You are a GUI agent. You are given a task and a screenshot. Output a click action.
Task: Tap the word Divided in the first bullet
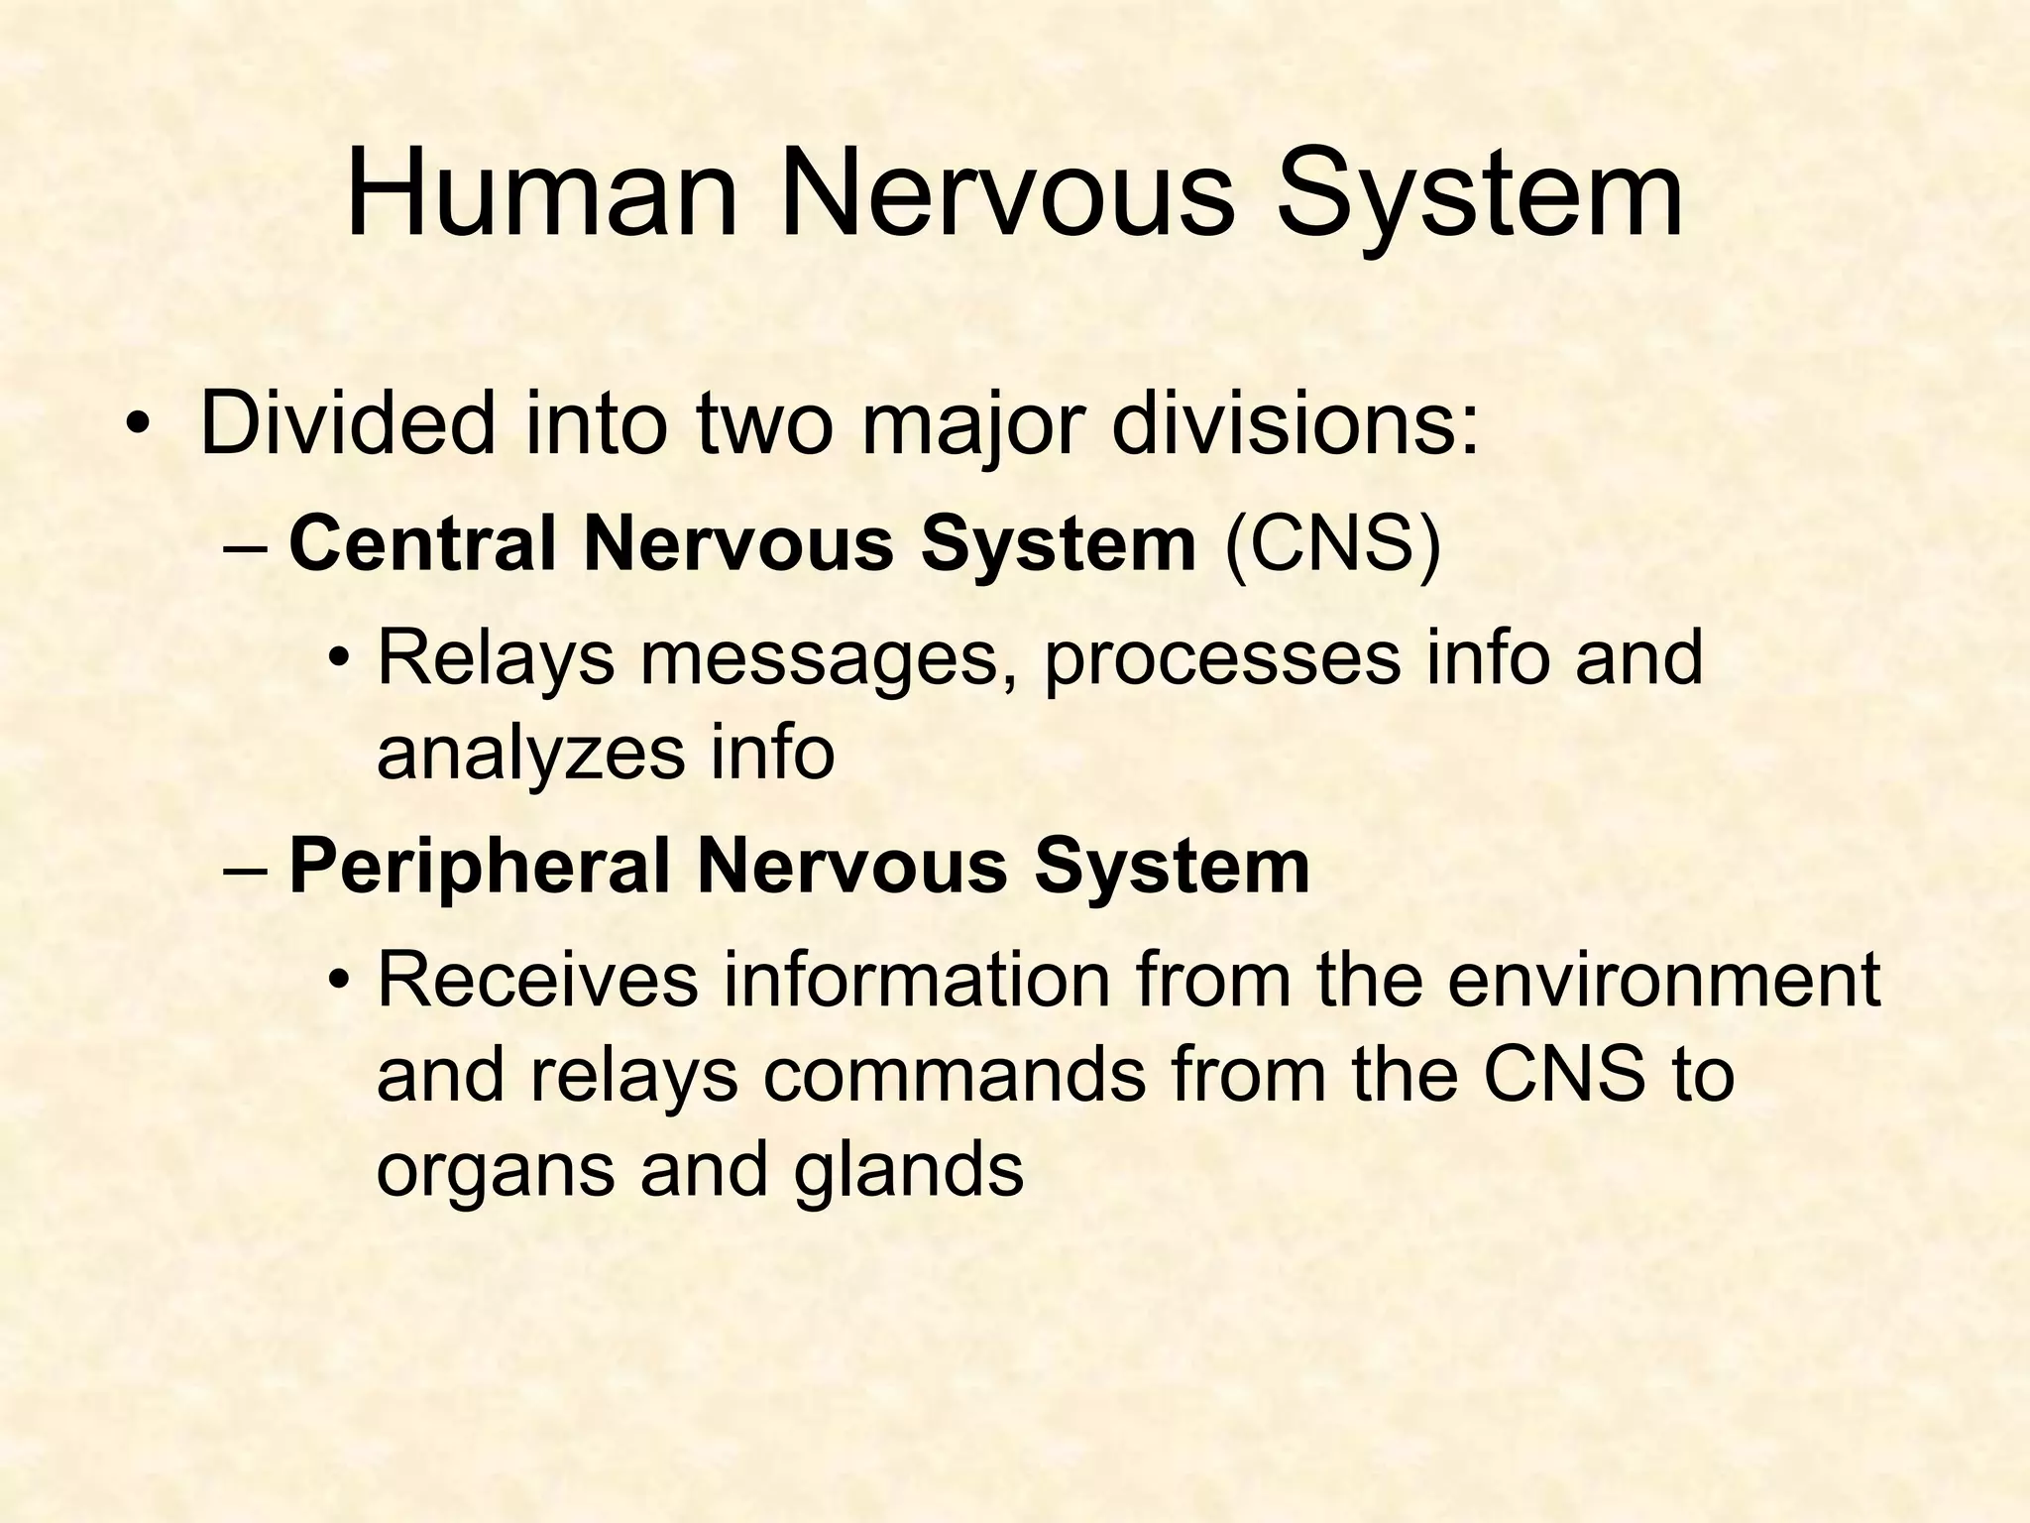(346, 423)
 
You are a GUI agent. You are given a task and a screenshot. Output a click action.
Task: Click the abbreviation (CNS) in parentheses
(1332, 544)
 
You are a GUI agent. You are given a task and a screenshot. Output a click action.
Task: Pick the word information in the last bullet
(913, 980)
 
